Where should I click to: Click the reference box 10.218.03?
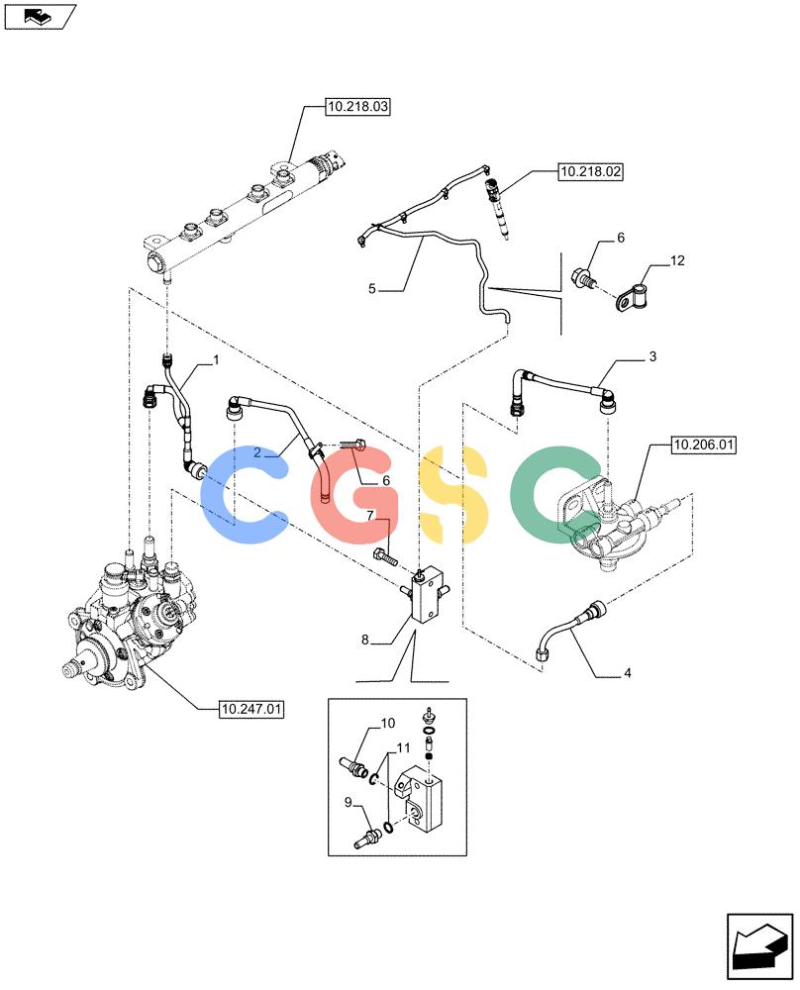(x=357, y=107)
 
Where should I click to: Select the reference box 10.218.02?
(x=590, y=171)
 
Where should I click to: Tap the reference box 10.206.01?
(x=703, y=445)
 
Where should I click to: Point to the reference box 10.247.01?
(x=251, y=709)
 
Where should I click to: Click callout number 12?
(x=677, y=260)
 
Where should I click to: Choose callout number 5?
(x=372, y=288)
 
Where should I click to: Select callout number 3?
(x=652, y=356)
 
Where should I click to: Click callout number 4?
(x=627, y=673)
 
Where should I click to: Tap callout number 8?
(x=365, y=640)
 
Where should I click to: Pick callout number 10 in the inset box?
(x=388, y=723)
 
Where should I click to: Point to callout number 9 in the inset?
(x=348, y=802)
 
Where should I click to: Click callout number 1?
(x=216, y=360)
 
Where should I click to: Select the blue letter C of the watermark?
(x=244, y=494)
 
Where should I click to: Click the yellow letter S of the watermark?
(x=454, y=494)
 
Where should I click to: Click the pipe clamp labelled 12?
(x=632, y=297)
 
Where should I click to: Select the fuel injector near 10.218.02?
(x=497, y=209)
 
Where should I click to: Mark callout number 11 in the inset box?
(x=403, y=747)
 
